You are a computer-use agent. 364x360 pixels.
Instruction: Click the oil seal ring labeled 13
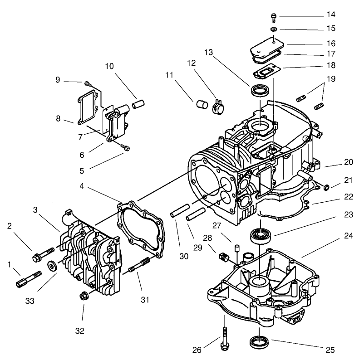260,91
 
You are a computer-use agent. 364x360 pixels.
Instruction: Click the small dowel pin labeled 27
236,248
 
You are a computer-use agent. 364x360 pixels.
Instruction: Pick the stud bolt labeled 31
140,267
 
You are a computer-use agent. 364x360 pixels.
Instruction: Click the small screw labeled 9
86,83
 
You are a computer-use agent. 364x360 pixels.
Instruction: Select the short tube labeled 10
137,105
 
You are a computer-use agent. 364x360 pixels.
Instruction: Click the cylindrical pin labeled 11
200,104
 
